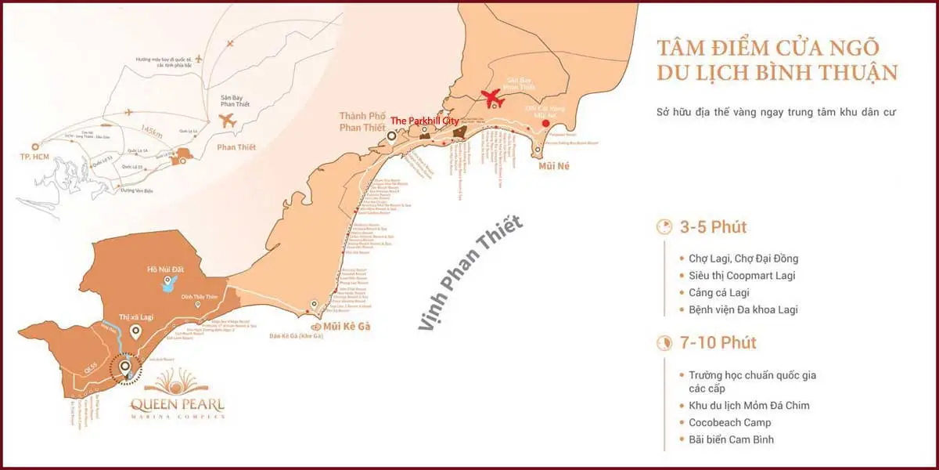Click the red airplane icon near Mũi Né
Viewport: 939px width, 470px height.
(491, 99)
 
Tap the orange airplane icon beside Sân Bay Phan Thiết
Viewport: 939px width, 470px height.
(228, 121)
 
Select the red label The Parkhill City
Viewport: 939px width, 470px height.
(424, 121)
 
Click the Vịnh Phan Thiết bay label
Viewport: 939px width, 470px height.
(469, 274)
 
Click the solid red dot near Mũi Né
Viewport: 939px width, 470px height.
(546, 123)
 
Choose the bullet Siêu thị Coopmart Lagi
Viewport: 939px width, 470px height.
(742, 275)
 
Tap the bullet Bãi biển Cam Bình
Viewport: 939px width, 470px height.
(732, 439)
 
